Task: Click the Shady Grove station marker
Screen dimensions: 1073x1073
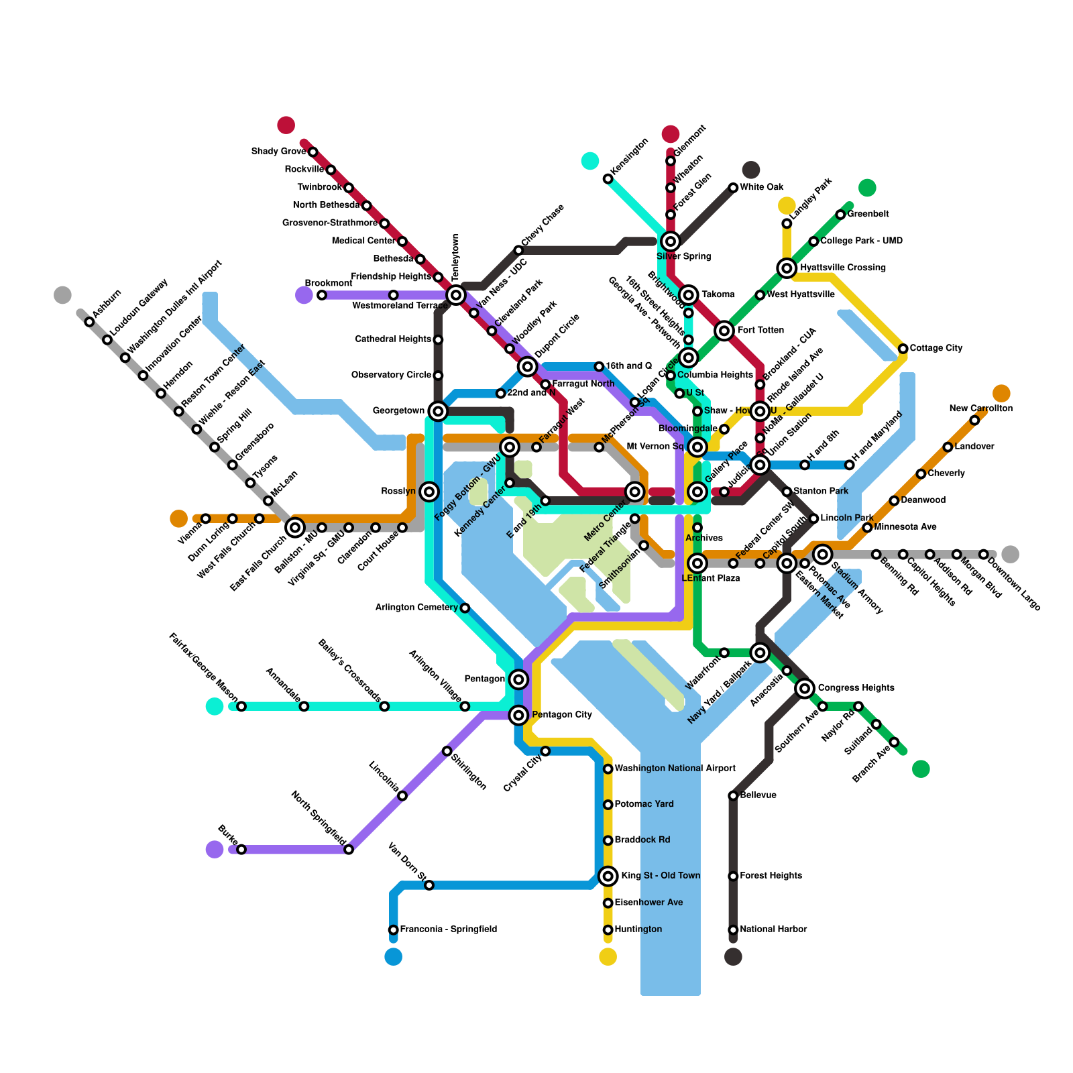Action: pyautogui.click(x=313, y=152)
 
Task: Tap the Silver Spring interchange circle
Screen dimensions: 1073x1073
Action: pyautogui.click(x=671, y=241)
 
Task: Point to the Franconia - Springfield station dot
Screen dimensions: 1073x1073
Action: pyautogui.click(x=394, y=929)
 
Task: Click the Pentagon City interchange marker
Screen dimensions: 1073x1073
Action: pyautogui.click(x=518, y=716)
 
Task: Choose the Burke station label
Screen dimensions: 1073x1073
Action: pyautogui.click(x=228, y=836)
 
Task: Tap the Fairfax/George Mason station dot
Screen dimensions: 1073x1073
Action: pyautogui.click(x=241, y=706)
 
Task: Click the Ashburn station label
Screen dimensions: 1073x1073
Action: pyautogui.click(x=107, y=303)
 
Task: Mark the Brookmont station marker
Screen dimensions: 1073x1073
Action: pyautogui.click(x=322, y=295)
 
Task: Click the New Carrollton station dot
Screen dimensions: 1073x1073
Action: pyautogui.click(x=974, y=420)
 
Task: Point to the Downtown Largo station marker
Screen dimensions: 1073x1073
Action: pyautogui.click(x=983, y=555)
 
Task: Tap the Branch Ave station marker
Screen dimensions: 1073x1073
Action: pyautogui.click(x=894, y=742)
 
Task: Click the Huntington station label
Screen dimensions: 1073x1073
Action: pyautogui.click(x=638, y=929)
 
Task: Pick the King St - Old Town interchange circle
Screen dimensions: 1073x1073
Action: pyautogui.click(x=608, y=876)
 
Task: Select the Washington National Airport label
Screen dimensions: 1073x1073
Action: pyautogui.click(x=675, y=769)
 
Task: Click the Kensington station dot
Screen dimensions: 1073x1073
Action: pyautogui.click(x=608, y=179)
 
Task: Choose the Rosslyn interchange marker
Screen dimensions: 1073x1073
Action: pyautogui.click(x=430, y=492)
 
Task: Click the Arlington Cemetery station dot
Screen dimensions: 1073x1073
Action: pyautogui.click(x=465, y=608)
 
